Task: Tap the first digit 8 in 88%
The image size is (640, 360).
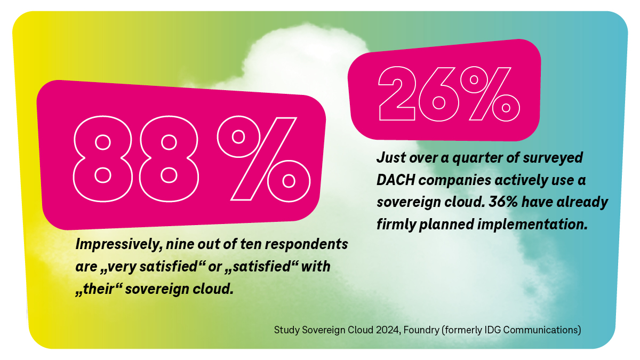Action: tap(103, 158)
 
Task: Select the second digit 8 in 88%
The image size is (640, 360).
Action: tap(169, 158)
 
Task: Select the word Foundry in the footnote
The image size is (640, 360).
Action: tap(421, 330)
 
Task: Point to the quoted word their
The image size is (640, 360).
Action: tap(99, 290)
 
